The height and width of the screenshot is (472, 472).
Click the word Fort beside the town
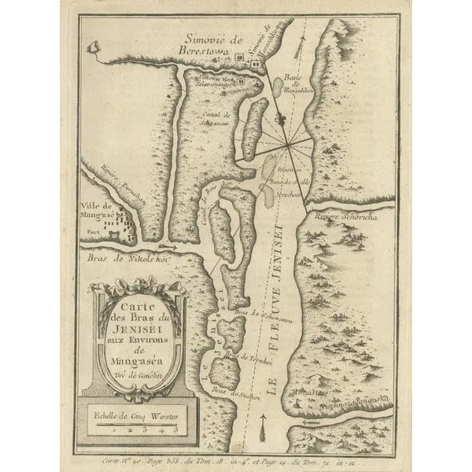point(94,234)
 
